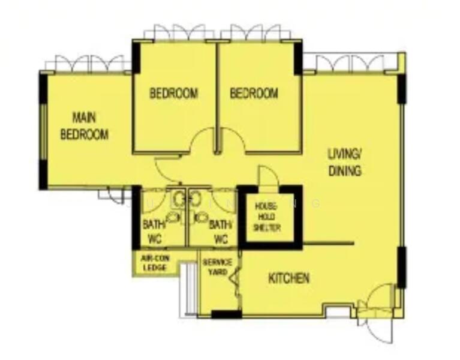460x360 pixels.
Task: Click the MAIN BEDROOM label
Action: pyautogui.click(x=85, y=125)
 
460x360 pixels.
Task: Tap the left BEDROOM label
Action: pyautogui.click(x=173, y=94)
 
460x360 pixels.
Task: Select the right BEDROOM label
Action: pyautogui.click(x=254, y=94)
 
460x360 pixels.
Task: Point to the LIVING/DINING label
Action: pyautogui.click(x=344, y=162)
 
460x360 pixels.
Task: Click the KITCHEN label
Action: pyautogui.click(x=288, y=278)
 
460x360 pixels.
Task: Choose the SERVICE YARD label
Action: pyautogui.click(x=217, y=267)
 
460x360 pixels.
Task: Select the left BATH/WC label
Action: pyautogui.click(x=153, y=232)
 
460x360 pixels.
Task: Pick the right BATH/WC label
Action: pyautogui.click(x=220, y=232)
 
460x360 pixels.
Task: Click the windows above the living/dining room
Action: pyautogui.click(x=351, y=62)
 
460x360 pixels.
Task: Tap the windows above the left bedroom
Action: pyautogui.click(x=179, y=32)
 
